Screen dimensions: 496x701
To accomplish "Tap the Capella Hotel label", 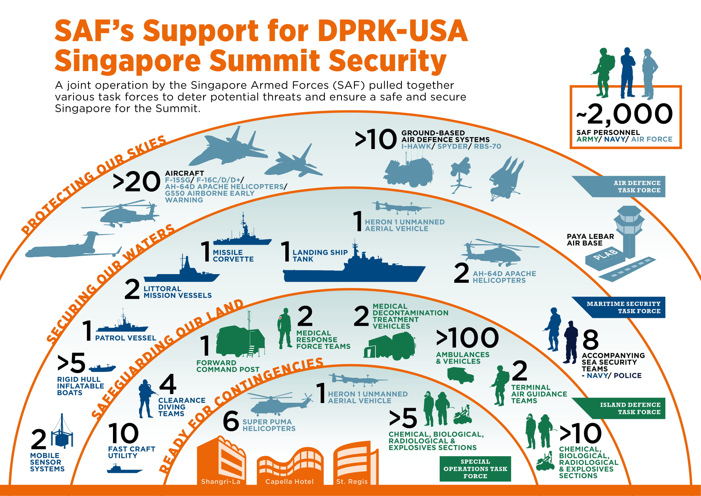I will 289,482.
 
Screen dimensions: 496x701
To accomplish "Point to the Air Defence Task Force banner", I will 626,187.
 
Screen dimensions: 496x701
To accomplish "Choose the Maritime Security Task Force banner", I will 626,307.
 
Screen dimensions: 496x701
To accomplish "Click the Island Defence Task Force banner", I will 626,408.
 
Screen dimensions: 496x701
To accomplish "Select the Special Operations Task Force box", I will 475,469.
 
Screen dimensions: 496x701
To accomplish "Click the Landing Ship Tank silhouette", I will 354,269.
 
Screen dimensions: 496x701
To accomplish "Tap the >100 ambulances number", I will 467,338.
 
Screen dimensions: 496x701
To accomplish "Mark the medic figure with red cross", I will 285,328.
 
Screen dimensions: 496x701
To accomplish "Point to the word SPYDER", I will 452,146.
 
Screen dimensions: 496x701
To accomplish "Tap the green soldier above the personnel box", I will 604,72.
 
